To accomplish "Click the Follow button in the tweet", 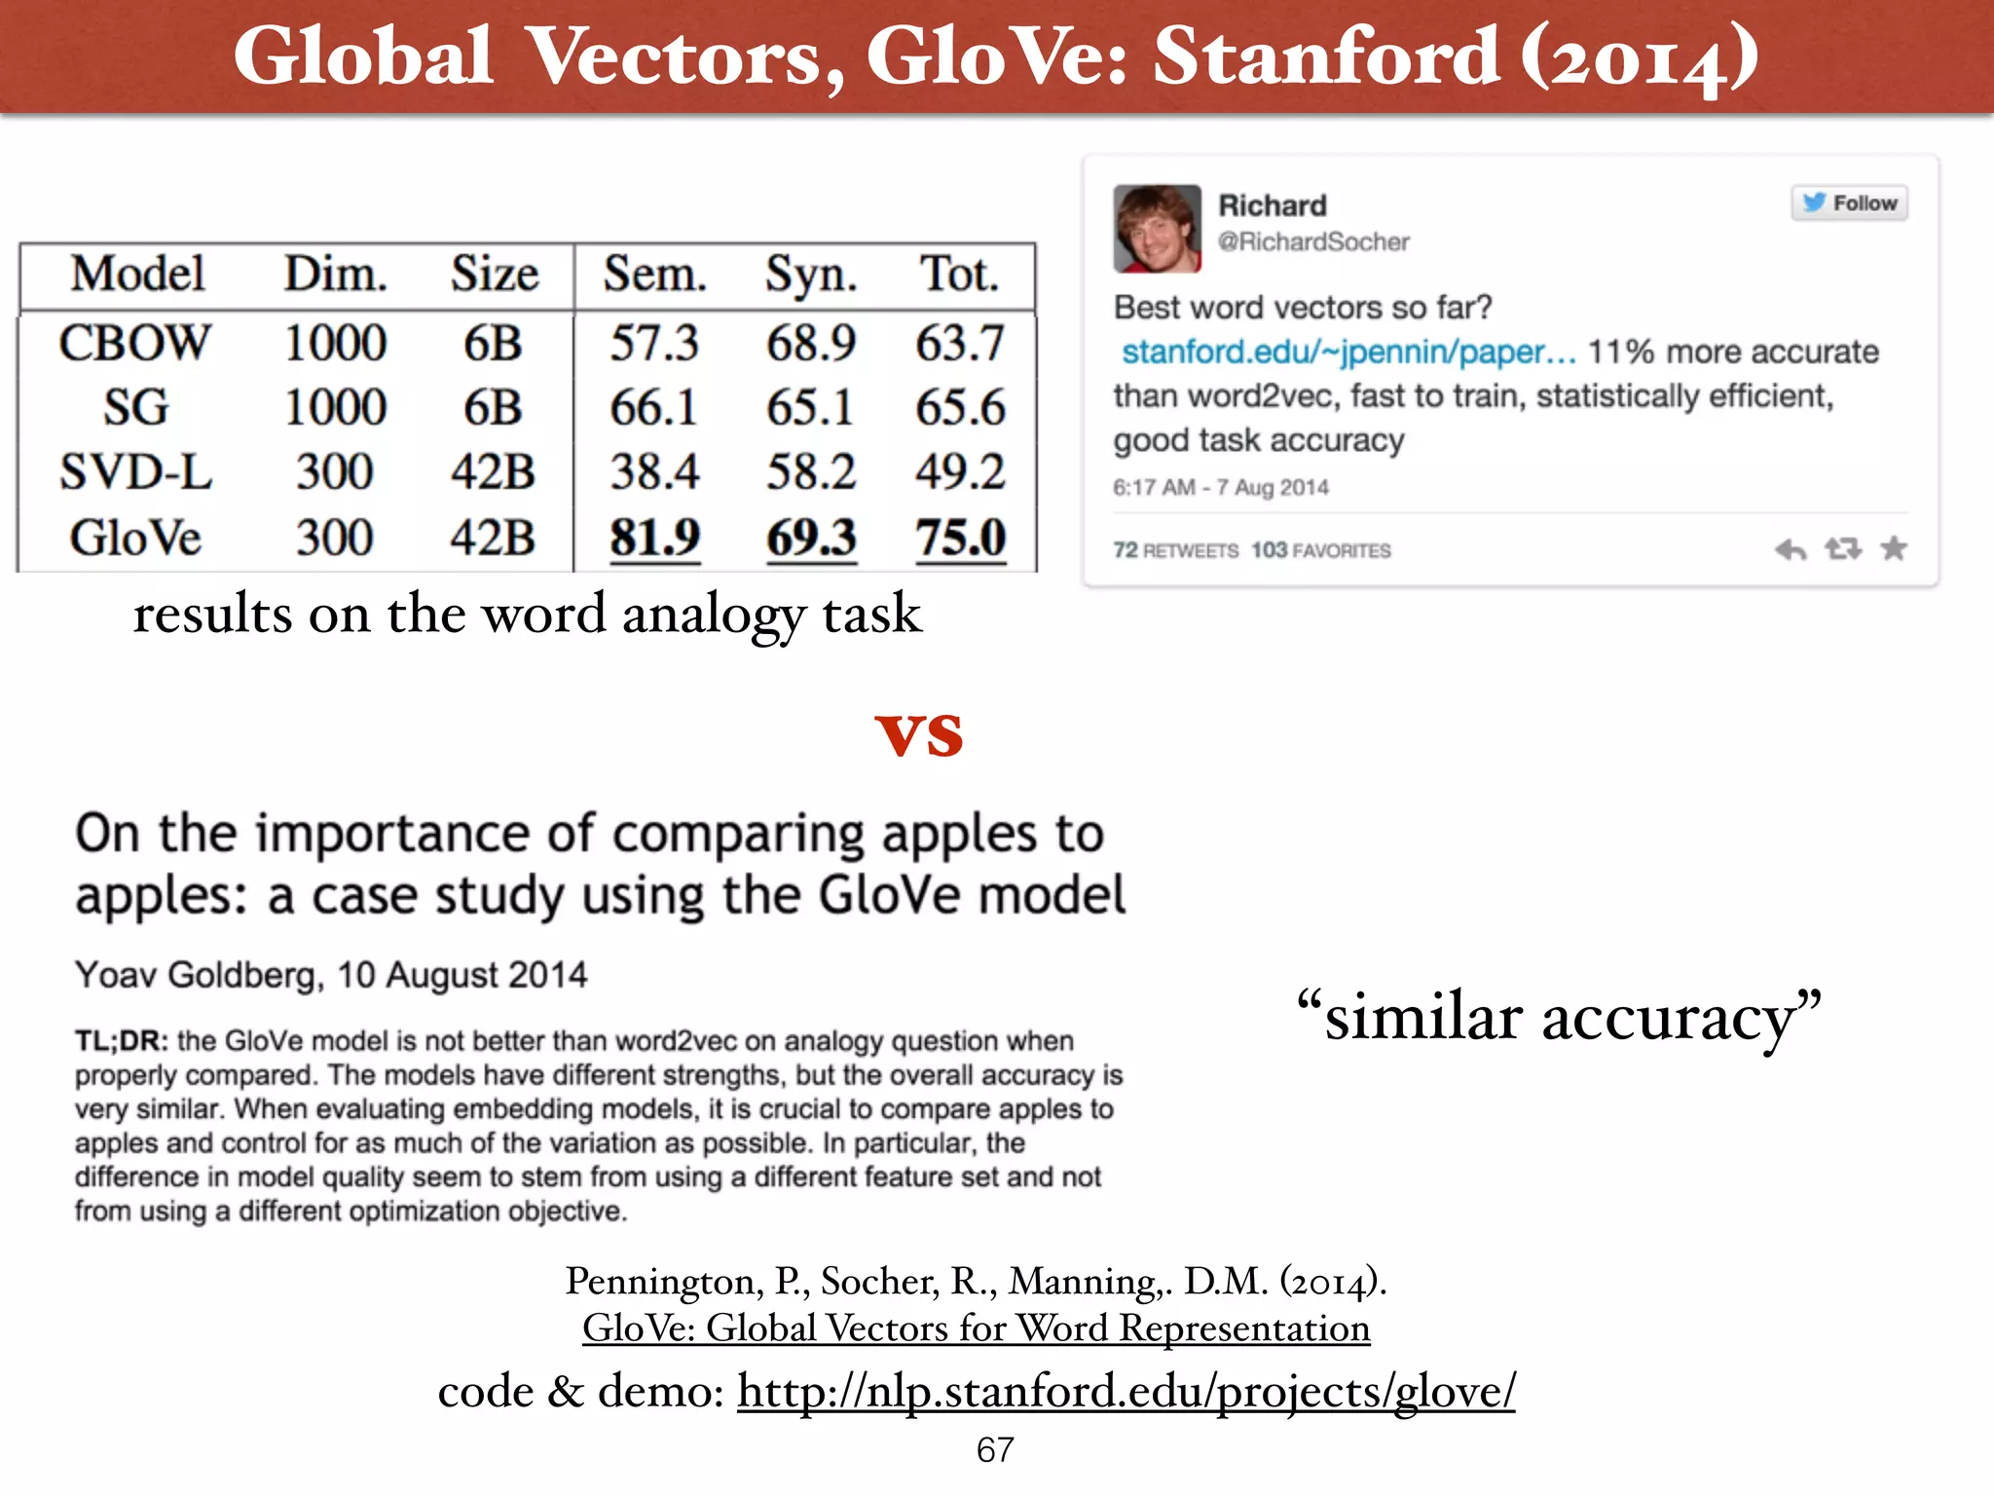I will tap(1849, 203).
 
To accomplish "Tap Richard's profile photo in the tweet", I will tap(1157, 228).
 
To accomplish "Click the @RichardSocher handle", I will tap(1313, 242).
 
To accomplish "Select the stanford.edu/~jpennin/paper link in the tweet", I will tap(1348, 352).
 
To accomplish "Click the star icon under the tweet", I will tap(1894, 549).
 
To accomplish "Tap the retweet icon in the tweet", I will tap(1842, 549).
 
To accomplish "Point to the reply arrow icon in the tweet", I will tap(1790, 550).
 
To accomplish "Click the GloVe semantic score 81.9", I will tap(654, 538).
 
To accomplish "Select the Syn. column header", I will tap(810, 274).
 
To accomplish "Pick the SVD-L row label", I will tap(135, 472).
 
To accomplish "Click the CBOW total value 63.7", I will tap(960, 343).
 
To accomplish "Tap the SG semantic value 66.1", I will tap(653, 407).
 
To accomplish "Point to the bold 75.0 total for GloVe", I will tap(960, 538).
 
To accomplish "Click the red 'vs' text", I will tap(919, 735).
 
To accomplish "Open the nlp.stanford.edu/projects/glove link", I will tap(1126, 1391).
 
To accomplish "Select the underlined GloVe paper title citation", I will tap(976, 1328).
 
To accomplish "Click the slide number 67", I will tap(995, 1450).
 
